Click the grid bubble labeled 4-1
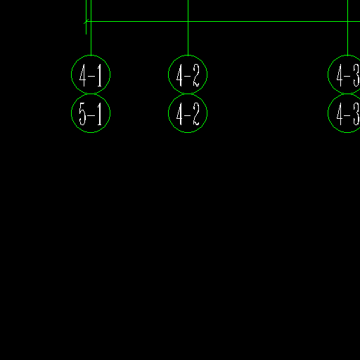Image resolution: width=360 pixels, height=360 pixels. click(91, 56)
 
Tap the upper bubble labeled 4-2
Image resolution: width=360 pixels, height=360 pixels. click(188, 56)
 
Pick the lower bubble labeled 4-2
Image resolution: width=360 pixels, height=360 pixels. click(188, 133)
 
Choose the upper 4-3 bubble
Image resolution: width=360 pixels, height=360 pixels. click(328, 75)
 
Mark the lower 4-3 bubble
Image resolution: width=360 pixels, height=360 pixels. click(328, 113)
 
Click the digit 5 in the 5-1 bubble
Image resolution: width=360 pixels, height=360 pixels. click(83, 114)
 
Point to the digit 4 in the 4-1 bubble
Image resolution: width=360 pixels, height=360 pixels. click(83, 75)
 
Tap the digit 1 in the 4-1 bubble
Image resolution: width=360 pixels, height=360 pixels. click(100, 75)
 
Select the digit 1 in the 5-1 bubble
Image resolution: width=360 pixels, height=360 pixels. click(100, 114)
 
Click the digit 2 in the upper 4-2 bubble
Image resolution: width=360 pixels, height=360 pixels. click(196, 75)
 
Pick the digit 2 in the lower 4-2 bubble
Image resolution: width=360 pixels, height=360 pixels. click(196, 114)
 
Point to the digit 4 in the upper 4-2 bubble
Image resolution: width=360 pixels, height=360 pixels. click(179, 75)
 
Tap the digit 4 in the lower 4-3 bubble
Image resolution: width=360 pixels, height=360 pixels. click(340, 114)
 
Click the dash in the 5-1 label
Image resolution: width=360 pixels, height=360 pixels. click(91, 115)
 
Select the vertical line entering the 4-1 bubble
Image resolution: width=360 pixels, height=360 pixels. click(91, 27)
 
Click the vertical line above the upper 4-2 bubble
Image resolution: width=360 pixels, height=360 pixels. click(188, 27)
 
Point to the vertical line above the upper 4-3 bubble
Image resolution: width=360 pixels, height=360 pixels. click(347, 27)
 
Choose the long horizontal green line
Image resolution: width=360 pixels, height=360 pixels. click(223, 21)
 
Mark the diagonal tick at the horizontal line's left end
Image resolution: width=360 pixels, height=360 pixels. click(86, 21)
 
